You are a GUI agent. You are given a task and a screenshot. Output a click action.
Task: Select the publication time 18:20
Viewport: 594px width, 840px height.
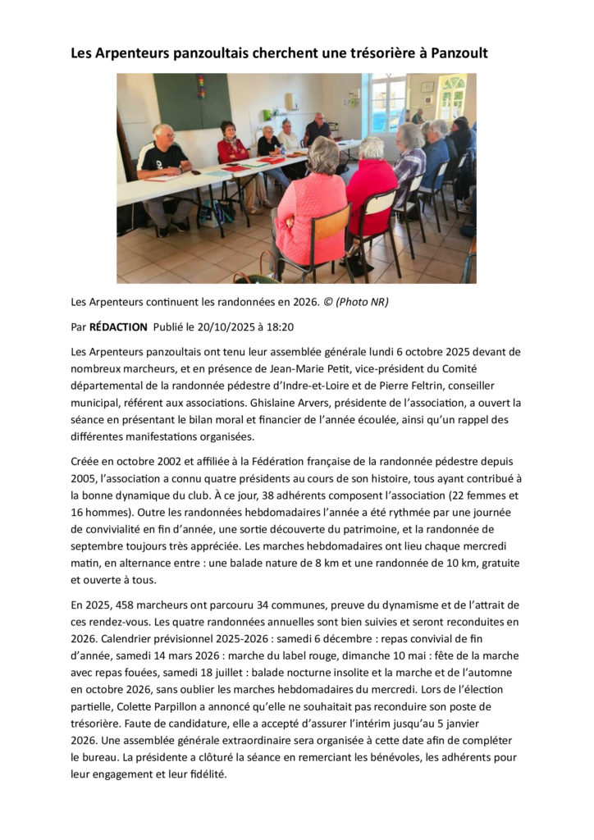click(x=281, y=326)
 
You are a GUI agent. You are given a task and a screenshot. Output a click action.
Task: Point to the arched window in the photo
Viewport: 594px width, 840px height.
click(x=450, y=98)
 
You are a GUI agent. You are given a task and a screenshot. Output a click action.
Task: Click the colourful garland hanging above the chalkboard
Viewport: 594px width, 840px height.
click(x=200, y=83)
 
